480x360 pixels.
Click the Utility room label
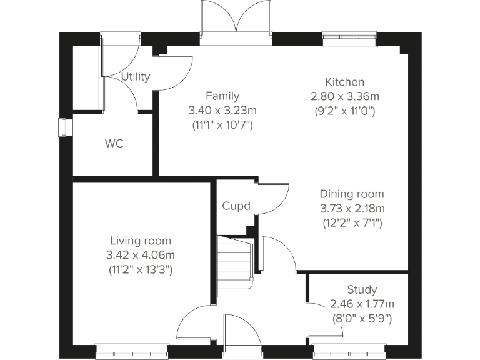pos(136,77)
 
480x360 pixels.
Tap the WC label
pos(114,144)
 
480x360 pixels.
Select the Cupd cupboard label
pos(236,206)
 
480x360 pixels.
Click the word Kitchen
pos(344,82)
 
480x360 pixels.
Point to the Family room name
pos(222,96)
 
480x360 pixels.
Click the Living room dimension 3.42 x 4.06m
pos(141,255)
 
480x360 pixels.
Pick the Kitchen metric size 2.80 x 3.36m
pos(345,96)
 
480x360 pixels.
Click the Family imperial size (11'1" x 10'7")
pos(222,124)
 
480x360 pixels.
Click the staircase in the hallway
pos(235,260)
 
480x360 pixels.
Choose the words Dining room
pos(352,194)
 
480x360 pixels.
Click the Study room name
pos(362,289)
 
